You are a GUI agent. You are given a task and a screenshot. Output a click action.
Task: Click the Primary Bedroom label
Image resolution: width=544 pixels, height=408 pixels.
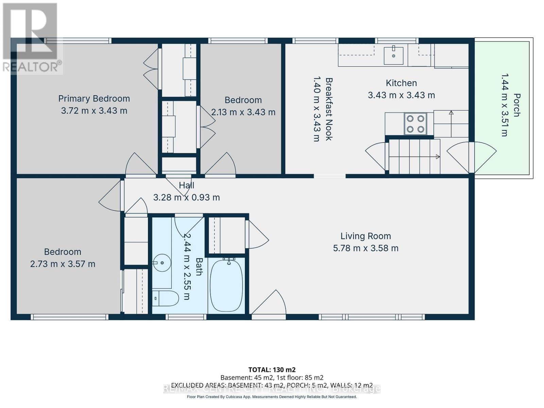click(x=94, y=99)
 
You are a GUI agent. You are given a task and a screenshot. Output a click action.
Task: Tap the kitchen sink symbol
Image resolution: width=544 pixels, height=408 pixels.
click(x=393, y=55)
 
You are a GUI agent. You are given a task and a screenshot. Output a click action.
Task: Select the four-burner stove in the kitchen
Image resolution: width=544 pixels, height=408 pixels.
click(x=415, y=124)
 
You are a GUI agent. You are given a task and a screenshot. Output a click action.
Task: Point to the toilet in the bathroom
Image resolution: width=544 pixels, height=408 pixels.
click(x=166, y=298)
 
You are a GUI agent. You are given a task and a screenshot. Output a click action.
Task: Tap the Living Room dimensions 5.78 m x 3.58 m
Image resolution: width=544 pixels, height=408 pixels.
click(x=365, y=248)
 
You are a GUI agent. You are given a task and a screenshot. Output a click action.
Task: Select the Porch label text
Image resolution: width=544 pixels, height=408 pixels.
click(x=516, y=105)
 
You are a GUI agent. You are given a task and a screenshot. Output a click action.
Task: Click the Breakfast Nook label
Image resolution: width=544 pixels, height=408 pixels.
click(x=329, y=109)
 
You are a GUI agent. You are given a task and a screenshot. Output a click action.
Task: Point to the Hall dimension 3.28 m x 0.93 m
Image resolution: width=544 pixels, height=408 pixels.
click(x=186, y=198)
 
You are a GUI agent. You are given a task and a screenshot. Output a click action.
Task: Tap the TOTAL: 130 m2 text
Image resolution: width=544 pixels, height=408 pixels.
click(x=272, y=370)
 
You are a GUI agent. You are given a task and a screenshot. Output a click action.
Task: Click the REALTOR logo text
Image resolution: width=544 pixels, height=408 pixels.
click(x=32, y=67)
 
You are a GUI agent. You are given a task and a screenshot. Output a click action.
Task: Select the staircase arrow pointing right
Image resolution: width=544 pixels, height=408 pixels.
click(x=437, y=157)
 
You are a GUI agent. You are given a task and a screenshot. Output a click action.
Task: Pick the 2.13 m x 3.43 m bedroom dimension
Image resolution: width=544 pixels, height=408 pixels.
click(x=243, y=112)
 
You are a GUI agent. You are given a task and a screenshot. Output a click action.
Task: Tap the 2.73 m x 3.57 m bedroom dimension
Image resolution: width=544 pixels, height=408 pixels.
click(x=63, y=264)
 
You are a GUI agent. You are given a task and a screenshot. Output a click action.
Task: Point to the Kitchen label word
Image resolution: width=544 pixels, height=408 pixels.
click(x=401, y=83)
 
